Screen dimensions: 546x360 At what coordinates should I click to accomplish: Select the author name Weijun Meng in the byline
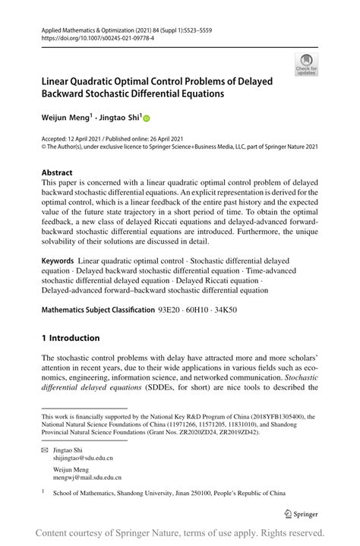tap(65, 118)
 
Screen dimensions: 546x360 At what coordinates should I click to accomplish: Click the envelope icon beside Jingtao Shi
tap(45, 450)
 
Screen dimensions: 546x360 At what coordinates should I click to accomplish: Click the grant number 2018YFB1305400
tap(272, 417)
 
